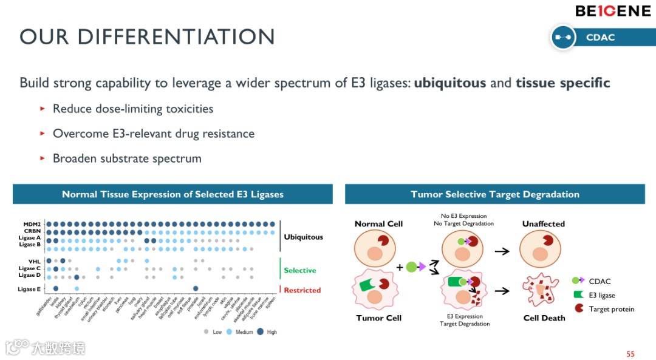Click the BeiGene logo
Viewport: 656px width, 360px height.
[612, 11]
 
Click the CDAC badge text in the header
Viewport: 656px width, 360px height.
[600, 38]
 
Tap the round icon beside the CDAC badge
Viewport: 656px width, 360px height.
[563, 38]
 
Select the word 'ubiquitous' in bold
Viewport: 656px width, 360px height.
[450, 83]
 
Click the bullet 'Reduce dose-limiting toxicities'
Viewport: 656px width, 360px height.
[133, 109]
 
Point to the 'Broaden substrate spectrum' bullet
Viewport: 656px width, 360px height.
[127, 158]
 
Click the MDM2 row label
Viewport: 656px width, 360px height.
[32, 225]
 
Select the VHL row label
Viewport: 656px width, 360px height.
[35, 261]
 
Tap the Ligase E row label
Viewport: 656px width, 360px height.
[30, 289]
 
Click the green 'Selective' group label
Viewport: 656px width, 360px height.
[300, 270]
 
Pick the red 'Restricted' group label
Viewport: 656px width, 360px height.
[302, 290]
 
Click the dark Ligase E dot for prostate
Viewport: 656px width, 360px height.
[196, 289]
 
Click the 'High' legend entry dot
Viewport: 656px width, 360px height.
[261, 331]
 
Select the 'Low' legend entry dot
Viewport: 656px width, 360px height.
[207, 331]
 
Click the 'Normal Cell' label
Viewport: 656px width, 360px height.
[378, 224]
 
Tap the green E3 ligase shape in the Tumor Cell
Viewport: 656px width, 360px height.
[367, 284]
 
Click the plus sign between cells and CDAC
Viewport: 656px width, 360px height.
[399, 267]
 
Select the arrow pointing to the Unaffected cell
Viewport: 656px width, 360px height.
[502, 251]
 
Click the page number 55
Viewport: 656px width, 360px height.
[630, 354]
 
